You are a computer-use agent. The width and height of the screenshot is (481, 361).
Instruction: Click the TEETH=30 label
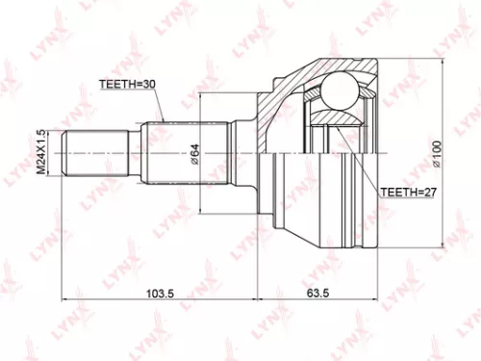(128, 85)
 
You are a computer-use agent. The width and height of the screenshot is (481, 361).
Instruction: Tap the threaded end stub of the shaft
(95, 153)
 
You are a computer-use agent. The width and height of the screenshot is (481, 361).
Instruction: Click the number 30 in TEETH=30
(149, 85)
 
